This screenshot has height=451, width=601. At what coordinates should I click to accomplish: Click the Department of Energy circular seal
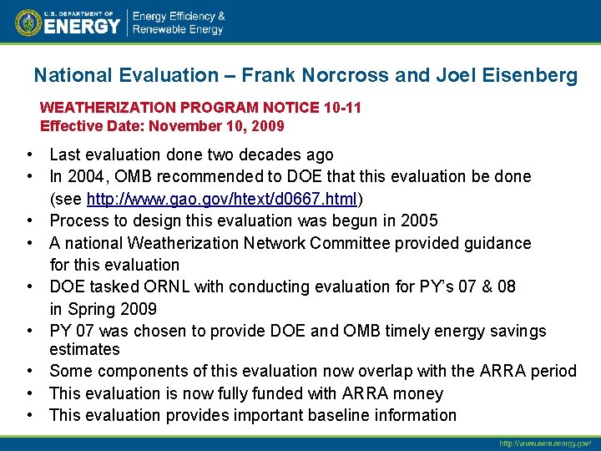point(28,23)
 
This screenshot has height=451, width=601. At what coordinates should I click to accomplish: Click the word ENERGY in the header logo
point(82,27)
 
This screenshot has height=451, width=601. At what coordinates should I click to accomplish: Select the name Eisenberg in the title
point(529,75)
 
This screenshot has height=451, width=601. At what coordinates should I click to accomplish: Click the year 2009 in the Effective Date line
point(267,126)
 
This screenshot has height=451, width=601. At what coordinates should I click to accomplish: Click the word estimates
point(84,349)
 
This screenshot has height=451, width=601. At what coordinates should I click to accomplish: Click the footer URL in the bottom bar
point(544,443)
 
